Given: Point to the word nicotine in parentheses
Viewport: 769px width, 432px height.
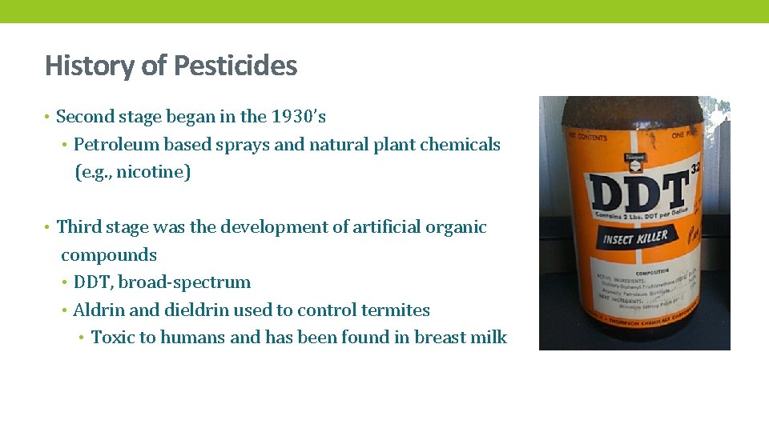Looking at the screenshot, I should coord(151,173).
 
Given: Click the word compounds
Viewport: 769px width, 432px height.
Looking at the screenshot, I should coord(109,255).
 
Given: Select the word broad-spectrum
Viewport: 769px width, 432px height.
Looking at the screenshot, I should coord(183,282).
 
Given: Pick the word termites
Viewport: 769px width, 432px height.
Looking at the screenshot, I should coord(395,310).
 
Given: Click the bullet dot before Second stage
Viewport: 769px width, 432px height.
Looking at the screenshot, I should coord(48,118).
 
